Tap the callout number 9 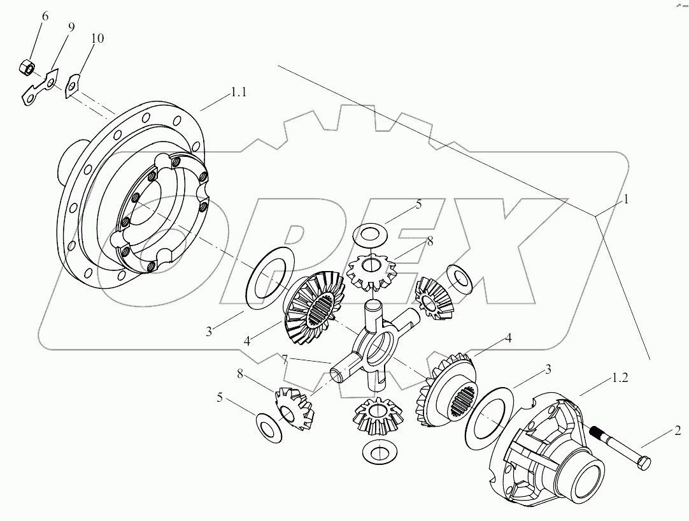tap(70, 27)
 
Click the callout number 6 tap(45, 15)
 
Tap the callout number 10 tap(97, 38)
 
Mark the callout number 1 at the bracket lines tap(626, 199)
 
